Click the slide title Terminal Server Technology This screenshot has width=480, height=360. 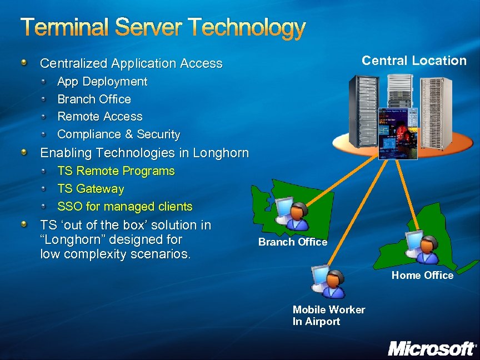[x=163, y=28]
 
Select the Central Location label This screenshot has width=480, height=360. [x=414, y=61]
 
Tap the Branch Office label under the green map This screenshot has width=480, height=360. [x=293, y=242]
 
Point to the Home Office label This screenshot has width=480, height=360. [x=422, y=276]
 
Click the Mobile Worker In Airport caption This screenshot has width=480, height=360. [x=329, y=316]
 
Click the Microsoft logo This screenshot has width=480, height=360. [x=431, y=348]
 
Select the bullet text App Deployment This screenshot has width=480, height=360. [x=102, y=82]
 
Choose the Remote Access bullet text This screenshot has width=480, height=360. [x=100, y=117]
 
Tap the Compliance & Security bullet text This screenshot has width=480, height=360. [x=119, y=134]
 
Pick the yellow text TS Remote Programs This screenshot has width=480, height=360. [x=116, y=171]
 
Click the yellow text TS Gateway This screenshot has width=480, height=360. [x=91, y=189]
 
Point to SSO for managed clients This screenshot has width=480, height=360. [x=125, y=207]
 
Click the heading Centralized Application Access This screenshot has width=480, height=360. [x=131, y=64]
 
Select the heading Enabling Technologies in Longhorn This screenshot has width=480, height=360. [x=144, y=153]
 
